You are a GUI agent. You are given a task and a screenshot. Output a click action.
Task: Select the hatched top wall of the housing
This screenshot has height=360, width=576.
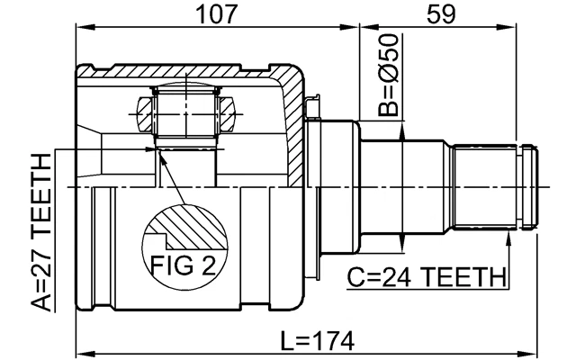click(180, 70)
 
